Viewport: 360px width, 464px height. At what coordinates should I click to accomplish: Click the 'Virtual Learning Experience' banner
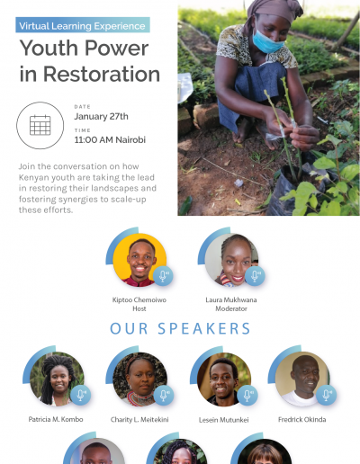click(83, 25)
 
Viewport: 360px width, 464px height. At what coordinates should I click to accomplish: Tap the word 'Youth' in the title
click(49, 49)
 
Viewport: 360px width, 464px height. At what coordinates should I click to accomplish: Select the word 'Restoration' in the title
click(102, 74)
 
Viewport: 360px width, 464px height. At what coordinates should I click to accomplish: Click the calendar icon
click(40, 125)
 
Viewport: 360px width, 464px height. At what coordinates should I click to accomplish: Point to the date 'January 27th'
click(101, 116)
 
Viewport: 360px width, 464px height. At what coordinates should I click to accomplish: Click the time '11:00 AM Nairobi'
click(110, 139)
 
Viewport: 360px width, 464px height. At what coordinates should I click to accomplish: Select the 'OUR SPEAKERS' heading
click(180, 328)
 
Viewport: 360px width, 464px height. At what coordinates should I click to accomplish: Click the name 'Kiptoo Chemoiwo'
click(139, 299)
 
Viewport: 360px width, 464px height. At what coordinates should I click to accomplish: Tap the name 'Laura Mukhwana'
click(231, 299)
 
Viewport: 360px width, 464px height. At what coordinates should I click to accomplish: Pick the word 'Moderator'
click(231, 308)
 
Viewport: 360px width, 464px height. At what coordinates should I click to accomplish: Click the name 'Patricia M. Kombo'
click(56, 419)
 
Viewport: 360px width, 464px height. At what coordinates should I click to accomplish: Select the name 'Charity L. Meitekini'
click(139, 420)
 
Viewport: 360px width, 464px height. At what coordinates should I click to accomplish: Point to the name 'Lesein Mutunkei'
click(224, 420)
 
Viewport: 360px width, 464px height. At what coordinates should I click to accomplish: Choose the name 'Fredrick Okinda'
click(302, 420)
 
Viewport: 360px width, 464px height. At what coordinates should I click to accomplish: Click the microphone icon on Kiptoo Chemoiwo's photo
click(163, 276)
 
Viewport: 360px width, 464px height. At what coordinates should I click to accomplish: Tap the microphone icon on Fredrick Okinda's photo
click(326, 395)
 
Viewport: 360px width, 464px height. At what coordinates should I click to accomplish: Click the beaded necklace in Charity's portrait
click(139, 398)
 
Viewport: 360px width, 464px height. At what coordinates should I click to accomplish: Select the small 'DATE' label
click(82, 107)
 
